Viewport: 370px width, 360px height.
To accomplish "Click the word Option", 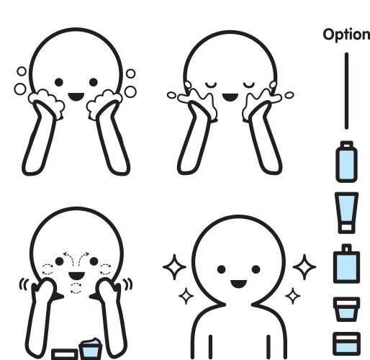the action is point(346,35).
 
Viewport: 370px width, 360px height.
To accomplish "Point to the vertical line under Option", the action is point(346,91).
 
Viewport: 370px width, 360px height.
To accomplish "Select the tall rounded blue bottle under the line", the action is point(346,161).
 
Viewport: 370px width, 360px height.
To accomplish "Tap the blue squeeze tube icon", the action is point(346,212).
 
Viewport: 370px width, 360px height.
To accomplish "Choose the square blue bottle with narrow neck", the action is point(346,264).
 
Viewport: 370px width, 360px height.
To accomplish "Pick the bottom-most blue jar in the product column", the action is point(346,344).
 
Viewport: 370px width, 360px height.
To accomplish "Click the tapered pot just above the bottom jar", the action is point(346,310).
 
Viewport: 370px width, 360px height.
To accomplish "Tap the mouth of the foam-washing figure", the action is point(76,96).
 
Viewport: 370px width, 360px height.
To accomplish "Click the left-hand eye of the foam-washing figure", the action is point(59,82).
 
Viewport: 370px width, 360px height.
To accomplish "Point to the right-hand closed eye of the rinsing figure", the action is point(249,85).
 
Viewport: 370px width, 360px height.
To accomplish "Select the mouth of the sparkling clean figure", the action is point(238,284).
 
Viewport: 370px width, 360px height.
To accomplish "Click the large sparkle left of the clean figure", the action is point(174,267).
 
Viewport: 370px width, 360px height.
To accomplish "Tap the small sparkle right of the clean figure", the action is point(292,296).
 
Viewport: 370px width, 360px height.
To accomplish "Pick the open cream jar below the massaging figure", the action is point(91,348).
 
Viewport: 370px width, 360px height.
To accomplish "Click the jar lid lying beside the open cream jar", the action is point(65,354).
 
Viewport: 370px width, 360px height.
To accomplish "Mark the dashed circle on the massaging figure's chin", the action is point(76,288).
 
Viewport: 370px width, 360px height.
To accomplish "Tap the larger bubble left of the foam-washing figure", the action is point(20,89).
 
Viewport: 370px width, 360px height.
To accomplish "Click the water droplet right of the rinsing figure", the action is point(289,95).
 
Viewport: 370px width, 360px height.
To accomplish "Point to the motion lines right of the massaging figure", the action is point(128,284).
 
